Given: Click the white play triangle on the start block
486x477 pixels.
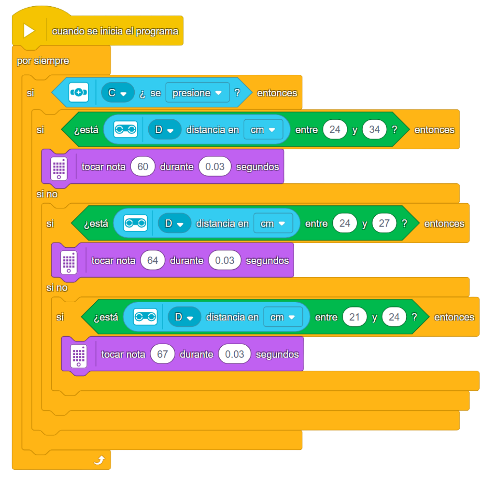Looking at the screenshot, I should coord(29,31).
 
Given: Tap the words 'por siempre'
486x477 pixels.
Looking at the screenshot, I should coord(43,61).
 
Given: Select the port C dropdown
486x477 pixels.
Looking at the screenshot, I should coord(117,93).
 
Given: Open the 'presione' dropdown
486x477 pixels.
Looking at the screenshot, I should coord(197,93).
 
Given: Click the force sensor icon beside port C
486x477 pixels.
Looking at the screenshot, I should coord(79,92).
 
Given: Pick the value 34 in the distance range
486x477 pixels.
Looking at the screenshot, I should coord(374,130).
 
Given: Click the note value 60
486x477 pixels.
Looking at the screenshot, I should coord(143,167).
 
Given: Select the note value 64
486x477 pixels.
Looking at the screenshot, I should coord(153,260).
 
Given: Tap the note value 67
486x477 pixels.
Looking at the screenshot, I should coord(162,354).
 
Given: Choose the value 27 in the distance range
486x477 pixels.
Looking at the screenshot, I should coord(384,223).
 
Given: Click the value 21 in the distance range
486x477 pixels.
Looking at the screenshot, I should coord(355,317).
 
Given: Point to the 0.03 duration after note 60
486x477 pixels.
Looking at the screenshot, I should coord(215,167).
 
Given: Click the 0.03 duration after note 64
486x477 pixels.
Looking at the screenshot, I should coord(224,260).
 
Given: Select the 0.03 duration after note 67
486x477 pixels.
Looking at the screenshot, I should coord(234,354).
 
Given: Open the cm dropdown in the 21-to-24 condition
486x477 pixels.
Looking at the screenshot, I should coord(283,317).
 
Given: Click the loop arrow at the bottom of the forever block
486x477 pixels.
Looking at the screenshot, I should coord(100,460).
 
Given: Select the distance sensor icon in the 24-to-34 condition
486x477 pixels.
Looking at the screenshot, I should coord(125,129).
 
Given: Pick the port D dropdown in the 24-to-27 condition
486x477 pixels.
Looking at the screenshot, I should coord(174,223).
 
